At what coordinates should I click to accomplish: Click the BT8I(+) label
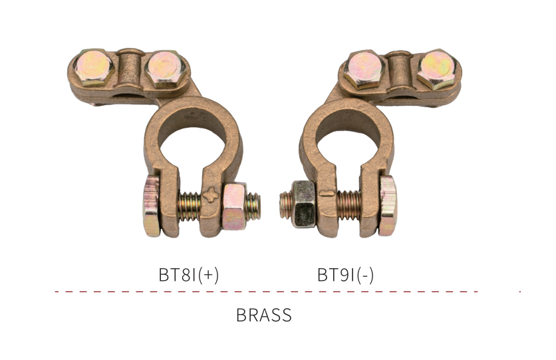[x=189, y=275]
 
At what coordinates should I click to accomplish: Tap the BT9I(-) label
[x=345, y=275]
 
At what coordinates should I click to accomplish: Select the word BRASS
[x=264, y=315]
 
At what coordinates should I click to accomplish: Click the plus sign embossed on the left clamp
[x=211, y=194]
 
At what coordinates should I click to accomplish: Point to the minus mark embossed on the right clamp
[x=327, y=194]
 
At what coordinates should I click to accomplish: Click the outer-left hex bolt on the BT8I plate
[x=94, y=67]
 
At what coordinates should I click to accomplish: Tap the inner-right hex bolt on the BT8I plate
[x=164, y=69]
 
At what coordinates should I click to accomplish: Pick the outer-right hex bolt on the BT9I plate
[x=436, y=69]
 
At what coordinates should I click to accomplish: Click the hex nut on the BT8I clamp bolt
[x=235, y=206]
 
